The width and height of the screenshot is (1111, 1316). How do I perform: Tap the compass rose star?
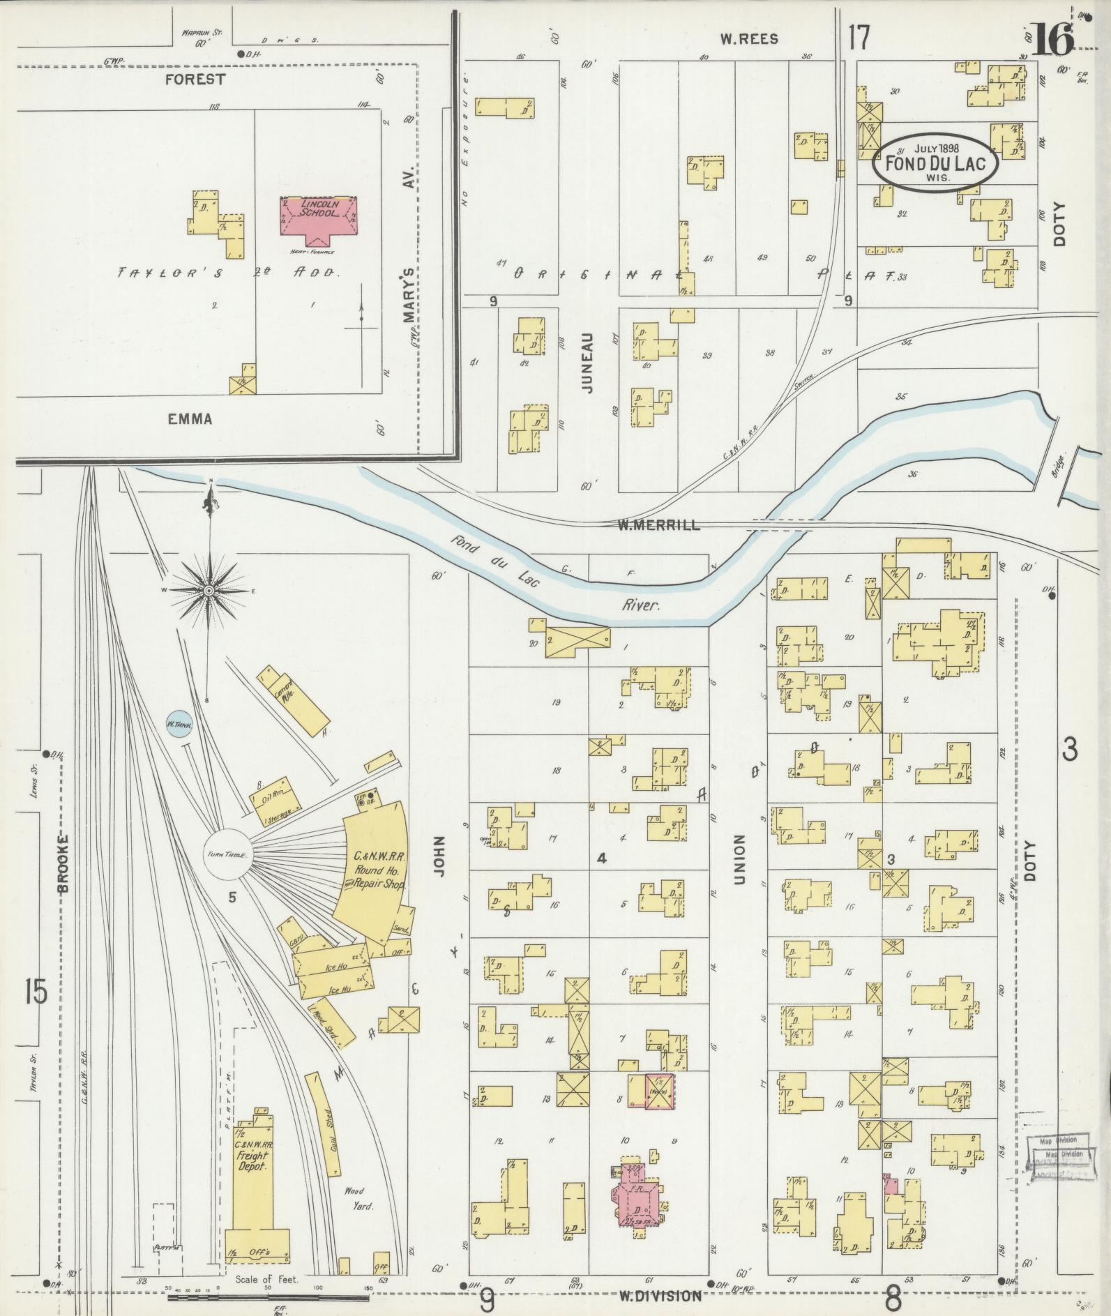point(209,591)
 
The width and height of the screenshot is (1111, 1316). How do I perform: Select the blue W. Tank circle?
point(179,725)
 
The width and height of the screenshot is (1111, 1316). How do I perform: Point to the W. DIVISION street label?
point(660,1296)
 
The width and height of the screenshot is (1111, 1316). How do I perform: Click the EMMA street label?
point(190,419)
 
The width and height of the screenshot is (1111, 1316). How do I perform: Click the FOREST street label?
point(195,80)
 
